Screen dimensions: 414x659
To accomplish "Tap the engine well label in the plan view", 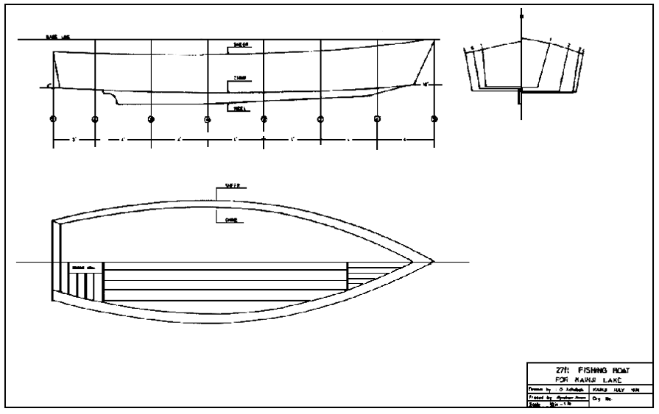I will coord(78,267).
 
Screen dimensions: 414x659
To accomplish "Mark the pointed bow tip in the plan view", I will coord(433,262).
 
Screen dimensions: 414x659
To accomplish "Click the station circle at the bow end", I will coord(434,118).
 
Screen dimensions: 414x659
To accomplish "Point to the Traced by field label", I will coord(538,397).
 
